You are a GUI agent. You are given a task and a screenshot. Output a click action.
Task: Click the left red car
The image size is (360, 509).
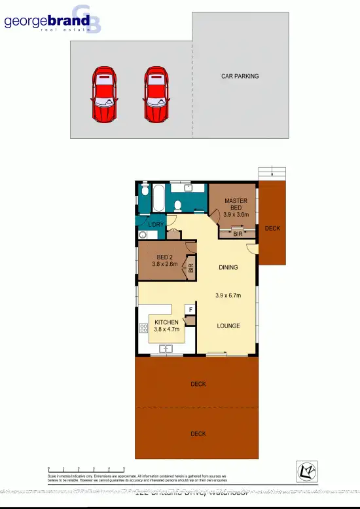coord(104,95)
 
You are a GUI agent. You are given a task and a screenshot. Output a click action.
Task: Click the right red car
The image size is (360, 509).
coord(157,95)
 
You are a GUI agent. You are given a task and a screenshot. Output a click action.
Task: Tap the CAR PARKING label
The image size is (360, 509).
coord(240,76)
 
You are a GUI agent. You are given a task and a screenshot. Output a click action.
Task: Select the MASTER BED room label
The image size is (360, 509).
coord(236,204)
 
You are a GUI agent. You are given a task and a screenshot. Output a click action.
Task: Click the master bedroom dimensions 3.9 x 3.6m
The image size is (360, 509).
coord(236,214)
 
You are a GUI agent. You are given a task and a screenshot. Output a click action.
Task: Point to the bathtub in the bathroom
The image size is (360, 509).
coord(159,198)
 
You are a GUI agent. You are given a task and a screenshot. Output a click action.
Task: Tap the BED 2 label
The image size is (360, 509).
coord(165,257)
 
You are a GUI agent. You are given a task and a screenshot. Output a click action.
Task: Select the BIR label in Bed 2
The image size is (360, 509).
coord(191,267)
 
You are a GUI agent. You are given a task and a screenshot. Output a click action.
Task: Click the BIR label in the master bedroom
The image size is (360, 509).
coord(238,234)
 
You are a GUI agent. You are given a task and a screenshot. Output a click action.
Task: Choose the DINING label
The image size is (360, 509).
coord(228,267)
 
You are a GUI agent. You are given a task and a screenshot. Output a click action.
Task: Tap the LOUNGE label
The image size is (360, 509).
coord(228,326)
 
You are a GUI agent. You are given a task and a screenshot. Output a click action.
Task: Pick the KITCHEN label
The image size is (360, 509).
coord(166,322)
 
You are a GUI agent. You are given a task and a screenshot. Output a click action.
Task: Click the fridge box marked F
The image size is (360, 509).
coord(190,309)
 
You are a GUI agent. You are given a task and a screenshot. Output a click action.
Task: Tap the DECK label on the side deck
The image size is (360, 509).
coord(272,229)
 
